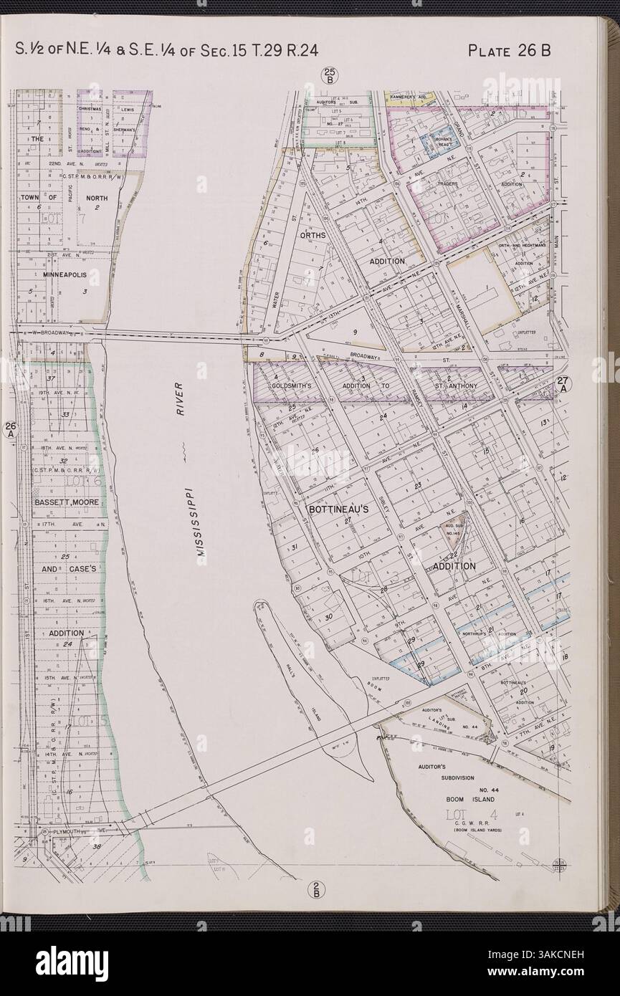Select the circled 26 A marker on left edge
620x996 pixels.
pos(10,429)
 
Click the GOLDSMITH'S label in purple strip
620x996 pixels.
pos(292,385)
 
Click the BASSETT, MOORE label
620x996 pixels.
pos(66,501)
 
